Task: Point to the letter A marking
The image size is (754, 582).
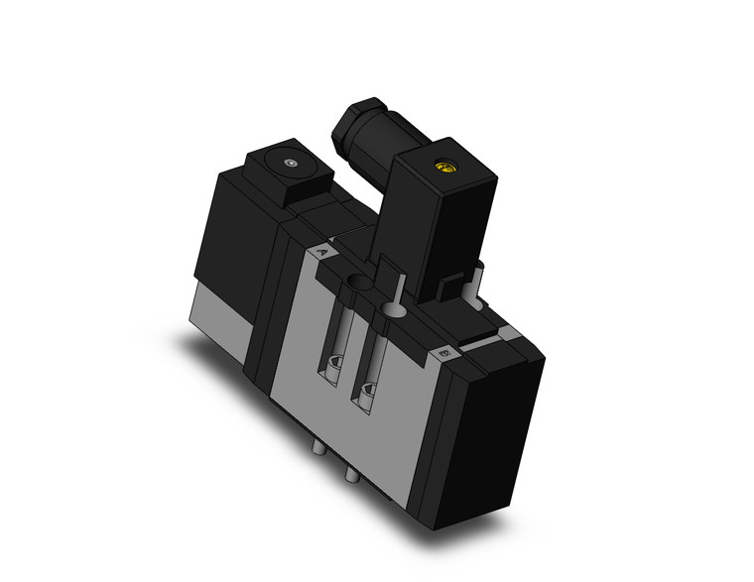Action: point(320,253)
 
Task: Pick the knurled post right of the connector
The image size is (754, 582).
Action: point(477,278)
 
